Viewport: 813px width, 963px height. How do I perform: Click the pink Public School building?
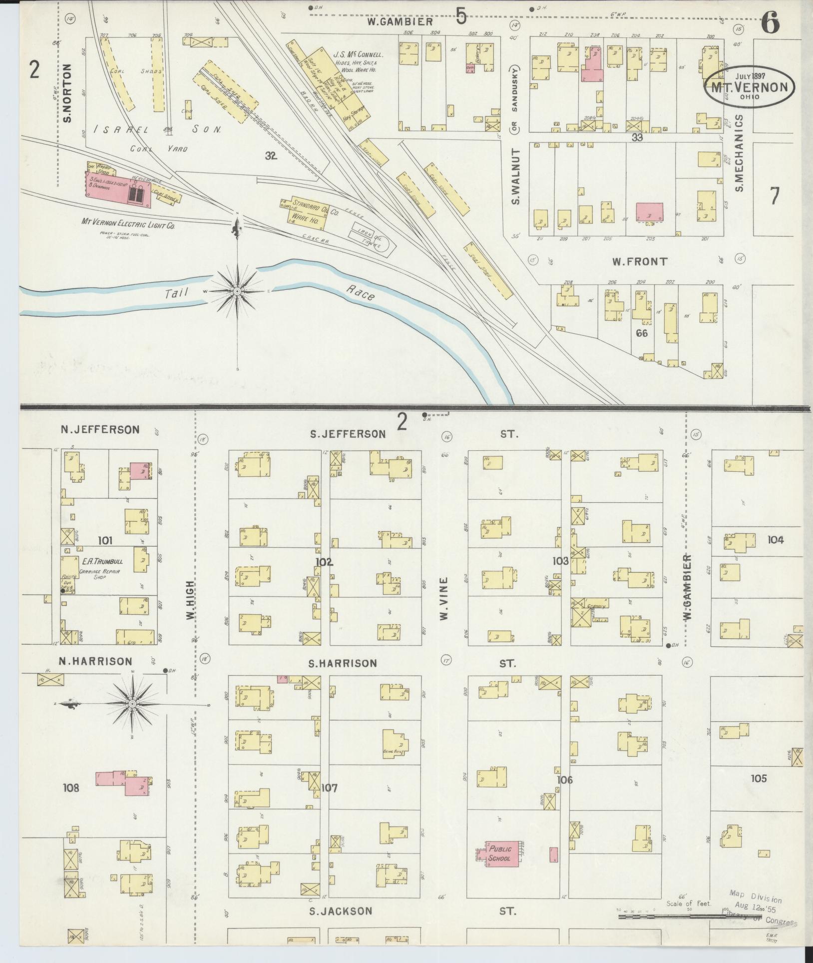(x=500, y=854)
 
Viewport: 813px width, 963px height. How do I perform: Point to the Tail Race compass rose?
(x=237, y=291)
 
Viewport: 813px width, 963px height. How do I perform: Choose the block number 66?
(x=641, y=333)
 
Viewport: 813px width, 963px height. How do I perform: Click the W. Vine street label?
(x=443, y=599)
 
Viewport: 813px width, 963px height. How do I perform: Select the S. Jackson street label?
(x=340, y=911)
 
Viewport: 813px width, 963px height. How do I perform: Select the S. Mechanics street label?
(x=740, y=152)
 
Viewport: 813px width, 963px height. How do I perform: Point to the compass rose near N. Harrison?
(x=132, y=704)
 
